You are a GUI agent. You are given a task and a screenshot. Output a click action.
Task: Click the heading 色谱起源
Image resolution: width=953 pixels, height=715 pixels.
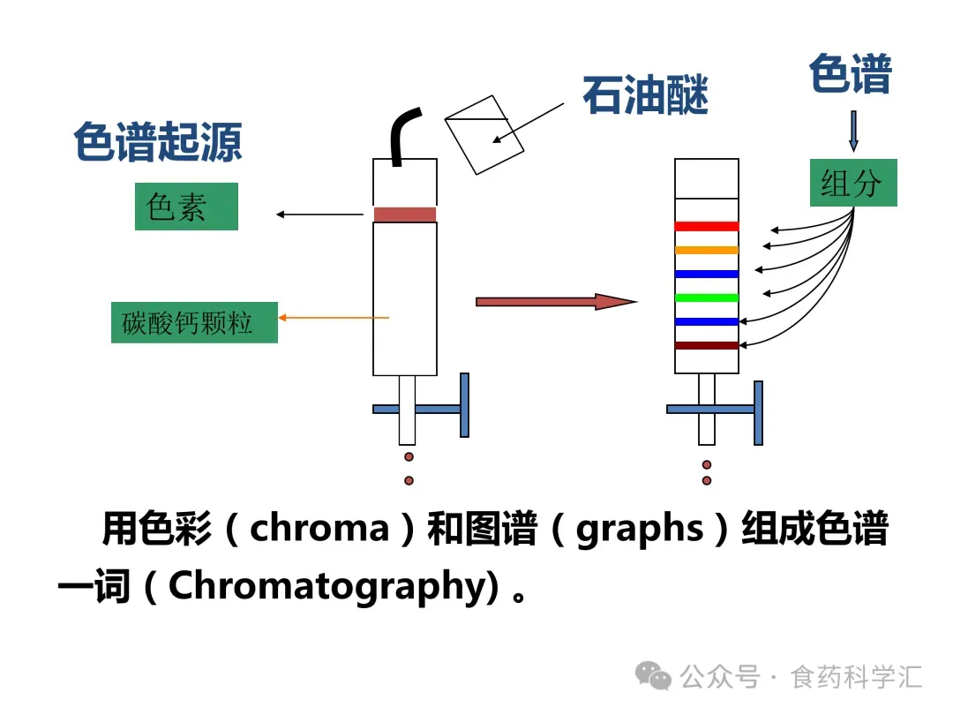point(157,142)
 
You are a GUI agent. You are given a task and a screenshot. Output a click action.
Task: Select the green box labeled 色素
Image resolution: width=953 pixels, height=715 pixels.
point(186,207)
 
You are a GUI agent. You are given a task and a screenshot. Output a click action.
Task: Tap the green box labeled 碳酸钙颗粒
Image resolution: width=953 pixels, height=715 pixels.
point(194,323)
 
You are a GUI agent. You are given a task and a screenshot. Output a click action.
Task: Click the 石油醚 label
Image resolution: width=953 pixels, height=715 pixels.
point(645,95)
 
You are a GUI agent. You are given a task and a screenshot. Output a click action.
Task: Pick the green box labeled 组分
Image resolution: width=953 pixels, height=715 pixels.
point(852,183)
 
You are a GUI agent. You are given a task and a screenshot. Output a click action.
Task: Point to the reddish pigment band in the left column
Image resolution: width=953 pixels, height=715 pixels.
point(405,214)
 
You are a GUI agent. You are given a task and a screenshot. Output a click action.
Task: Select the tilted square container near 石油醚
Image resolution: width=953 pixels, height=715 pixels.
point(476,133)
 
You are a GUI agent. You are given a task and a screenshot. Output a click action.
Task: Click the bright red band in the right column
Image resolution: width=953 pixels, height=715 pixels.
point(706,227)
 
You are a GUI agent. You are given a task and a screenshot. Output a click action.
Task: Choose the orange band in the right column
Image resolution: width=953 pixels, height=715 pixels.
point(706,251)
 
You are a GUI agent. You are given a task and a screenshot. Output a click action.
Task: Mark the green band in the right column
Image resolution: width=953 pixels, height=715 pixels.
point(706,297)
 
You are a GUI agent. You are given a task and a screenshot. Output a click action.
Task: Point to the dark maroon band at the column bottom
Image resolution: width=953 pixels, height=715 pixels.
point(706,345)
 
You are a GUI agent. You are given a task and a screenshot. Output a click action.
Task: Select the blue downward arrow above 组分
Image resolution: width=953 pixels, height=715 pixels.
point(852,131)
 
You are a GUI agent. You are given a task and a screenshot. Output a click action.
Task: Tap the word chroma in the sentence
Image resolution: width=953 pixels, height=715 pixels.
point(319,529)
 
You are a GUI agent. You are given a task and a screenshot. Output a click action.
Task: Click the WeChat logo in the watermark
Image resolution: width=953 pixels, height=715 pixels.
point(655,677)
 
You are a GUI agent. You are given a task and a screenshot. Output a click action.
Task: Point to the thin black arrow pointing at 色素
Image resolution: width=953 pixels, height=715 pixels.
point(319,214)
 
